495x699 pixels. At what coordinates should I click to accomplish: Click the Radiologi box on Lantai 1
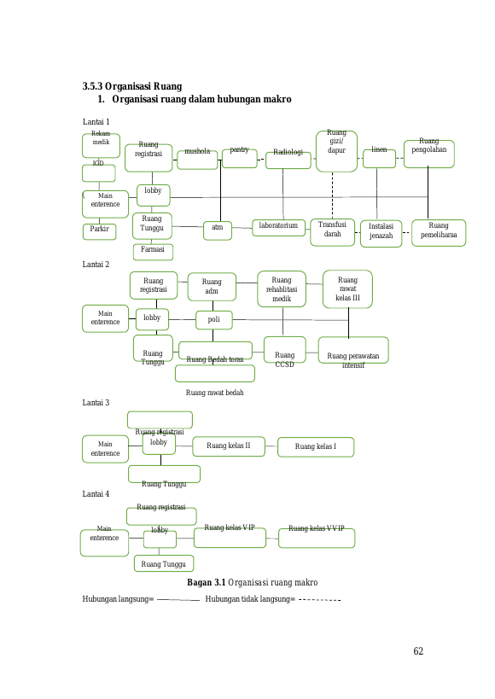tap(288, 160)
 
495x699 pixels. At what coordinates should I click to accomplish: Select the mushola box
tap(197, 160)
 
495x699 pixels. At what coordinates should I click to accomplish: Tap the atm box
tap(218, 230)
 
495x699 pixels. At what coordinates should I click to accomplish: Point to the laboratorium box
tap(279, 227)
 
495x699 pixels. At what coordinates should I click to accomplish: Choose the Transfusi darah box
tap(332, 232)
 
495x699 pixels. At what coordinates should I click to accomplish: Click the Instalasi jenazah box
tap(381, 233)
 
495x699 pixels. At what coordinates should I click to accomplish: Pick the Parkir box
tap(100, 232)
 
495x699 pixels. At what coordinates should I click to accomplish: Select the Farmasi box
tap(153, 252)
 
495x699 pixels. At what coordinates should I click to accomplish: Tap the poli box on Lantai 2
tap(214, 320)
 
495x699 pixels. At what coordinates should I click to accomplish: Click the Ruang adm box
tap(212, 287)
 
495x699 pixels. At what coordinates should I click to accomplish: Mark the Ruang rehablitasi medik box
tap(282, 288)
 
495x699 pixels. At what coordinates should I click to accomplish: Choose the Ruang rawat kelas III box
tap(348, 288)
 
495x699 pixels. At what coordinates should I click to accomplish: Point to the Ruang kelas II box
tap(229, 446)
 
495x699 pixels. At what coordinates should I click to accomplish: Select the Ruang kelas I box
tap(316, 447)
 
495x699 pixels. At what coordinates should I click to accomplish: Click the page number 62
tap(418, 651)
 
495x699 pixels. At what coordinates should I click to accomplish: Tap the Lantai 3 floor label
tap(96, 403)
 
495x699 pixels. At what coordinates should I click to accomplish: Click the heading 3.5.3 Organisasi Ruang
tap(132, 86)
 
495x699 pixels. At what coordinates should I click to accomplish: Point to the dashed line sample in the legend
tap(319, 600)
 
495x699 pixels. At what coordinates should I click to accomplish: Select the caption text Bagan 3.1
tap(206, 582)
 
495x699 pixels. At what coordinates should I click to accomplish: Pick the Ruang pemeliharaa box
tap(439, 233)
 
